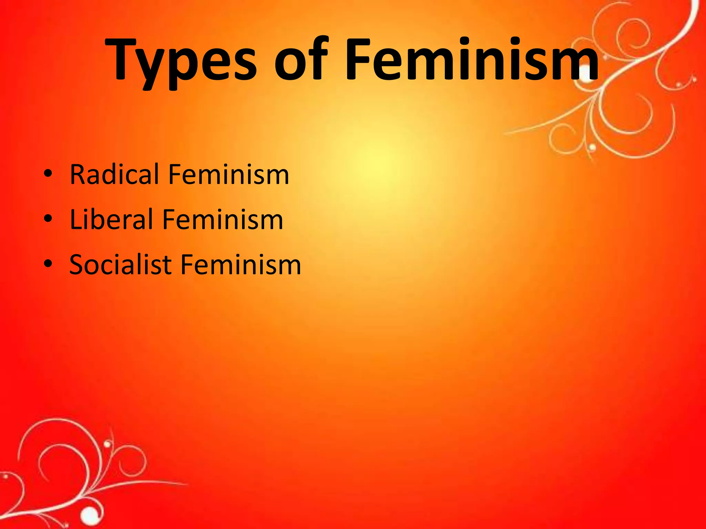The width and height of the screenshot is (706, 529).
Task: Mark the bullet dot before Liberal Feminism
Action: [48, 219]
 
